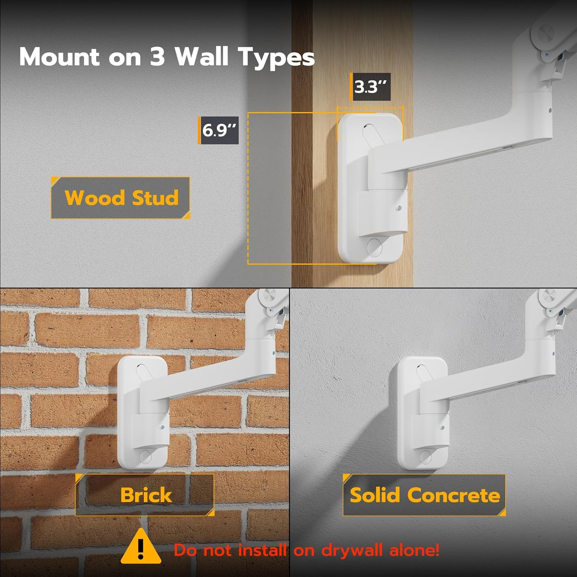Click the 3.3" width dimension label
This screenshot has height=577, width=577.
371,87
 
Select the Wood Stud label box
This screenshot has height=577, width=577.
121,198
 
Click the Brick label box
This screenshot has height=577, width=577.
145,495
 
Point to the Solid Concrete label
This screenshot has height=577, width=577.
424,495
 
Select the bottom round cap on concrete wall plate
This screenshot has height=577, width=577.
425,456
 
